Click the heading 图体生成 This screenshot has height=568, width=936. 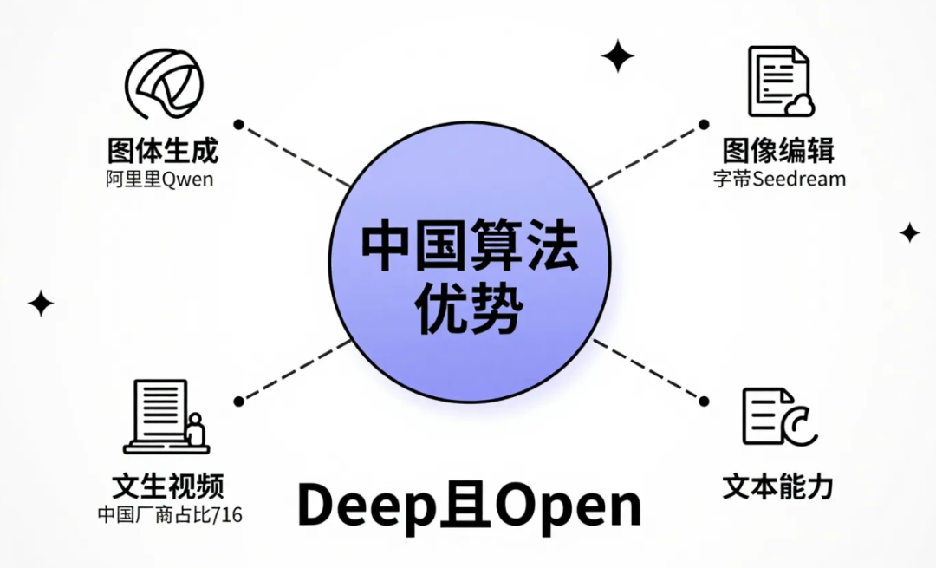coord(163,150)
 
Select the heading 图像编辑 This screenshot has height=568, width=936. coord(778,150)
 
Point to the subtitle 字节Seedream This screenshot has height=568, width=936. coord(778,180)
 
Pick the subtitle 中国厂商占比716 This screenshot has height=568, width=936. coord(169,514)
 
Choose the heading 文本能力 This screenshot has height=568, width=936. coord(777,486)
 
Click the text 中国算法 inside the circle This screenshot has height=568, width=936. coord(470,249)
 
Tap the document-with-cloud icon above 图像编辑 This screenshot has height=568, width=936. coord(781,82)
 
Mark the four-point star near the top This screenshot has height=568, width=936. coord(618,56)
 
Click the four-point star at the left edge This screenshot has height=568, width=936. coord(40,303)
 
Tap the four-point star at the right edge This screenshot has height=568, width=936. coord(909,232)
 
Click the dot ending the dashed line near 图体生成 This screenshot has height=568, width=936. coord(238,124)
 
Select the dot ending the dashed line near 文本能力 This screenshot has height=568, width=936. coord(703,401)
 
